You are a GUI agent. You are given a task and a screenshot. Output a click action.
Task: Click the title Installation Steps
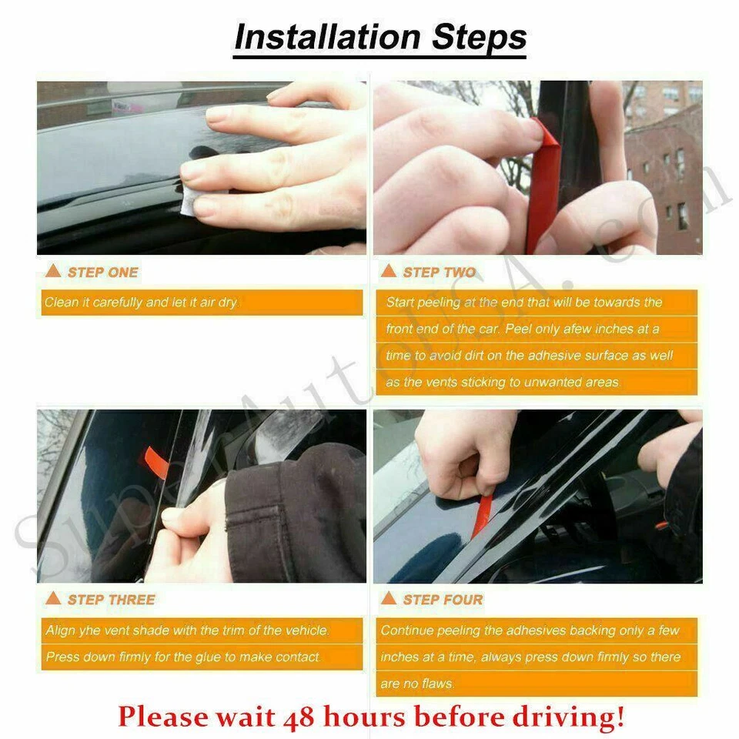(380, 38)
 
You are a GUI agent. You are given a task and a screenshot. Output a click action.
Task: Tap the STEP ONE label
(102, 273)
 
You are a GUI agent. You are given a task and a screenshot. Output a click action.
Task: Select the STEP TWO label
(439, 273)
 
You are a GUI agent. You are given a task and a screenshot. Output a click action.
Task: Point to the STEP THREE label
(111, 600)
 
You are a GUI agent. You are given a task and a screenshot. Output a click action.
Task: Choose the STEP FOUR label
(443, 600)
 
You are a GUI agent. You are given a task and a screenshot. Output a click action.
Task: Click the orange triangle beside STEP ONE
(53, 272)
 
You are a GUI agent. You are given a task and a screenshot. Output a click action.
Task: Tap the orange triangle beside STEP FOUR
(389, 599)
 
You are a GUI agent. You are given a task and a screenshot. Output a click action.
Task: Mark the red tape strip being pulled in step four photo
(483, 513)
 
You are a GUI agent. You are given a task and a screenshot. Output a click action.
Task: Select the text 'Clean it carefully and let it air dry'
(141, 303)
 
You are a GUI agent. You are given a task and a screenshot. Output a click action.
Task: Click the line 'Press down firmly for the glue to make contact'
(183, 657)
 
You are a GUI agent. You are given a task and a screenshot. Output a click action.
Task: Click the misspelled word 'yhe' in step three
(92, 630)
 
